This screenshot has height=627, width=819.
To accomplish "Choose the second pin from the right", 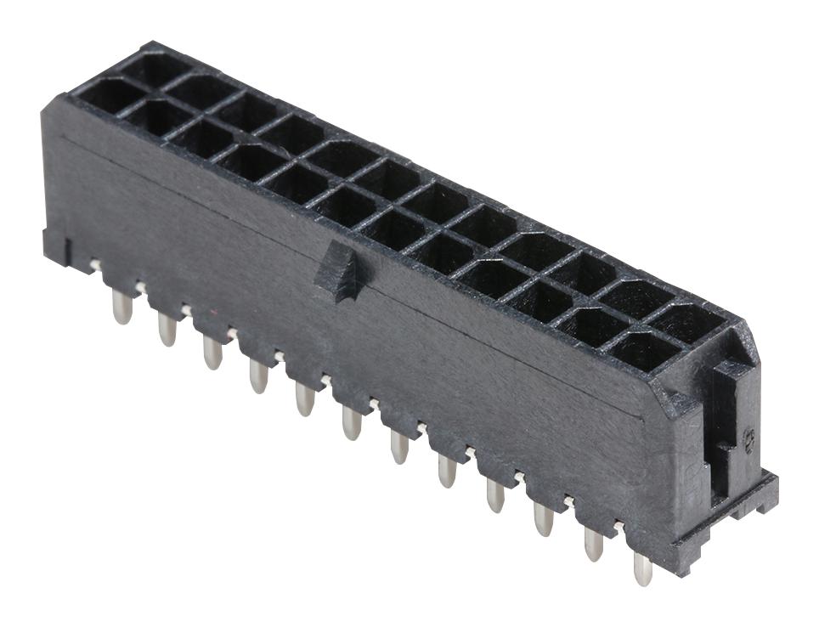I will (593, 543).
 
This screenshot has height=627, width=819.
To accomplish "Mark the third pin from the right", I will (544, 518).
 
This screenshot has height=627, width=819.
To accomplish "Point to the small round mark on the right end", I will (748, 438).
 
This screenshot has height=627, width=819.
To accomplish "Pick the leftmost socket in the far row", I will (153, 68).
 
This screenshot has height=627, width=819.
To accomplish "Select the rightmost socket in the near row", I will (644, 350).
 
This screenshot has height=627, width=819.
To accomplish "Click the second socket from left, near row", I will (159, 116).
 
